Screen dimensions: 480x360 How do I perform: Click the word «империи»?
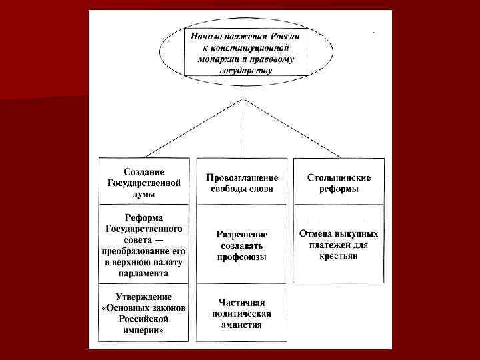[143, 330]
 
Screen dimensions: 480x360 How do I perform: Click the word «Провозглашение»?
[242, 178]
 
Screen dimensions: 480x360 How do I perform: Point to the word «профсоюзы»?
[242, 257]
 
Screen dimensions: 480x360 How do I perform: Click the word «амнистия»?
[242, 325]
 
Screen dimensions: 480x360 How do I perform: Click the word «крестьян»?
[339, 256]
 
